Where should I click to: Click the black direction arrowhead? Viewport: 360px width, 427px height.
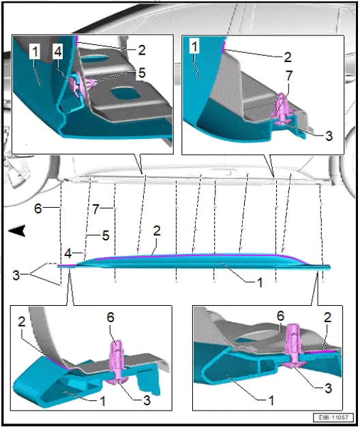point(17,231)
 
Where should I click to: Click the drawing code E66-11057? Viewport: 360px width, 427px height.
point(333,417)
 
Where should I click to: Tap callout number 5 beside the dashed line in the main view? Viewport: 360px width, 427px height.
point(106,235)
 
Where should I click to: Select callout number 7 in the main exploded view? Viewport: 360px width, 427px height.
point(95,209)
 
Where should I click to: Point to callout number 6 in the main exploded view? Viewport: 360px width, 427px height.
point(38,208)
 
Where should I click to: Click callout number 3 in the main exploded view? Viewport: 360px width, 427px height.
point(16,275)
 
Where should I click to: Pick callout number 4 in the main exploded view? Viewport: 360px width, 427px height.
point(68,254)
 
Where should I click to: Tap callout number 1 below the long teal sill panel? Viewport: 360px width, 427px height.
point(260,283)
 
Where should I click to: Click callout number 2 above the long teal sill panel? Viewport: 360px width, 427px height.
point(157,231)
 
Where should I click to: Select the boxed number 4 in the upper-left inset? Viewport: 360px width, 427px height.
point(58,51)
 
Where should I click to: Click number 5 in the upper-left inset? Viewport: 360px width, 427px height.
point(142,73)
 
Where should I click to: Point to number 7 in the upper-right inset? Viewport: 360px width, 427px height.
point(289,76)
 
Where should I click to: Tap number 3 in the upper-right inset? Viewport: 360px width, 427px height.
point(329,136)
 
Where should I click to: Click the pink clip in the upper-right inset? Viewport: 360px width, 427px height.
point(282,110)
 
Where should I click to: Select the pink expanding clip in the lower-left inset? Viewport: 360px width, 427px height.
point(117,362)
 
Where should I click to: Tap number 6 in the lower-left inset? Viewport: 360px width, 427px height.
point(110,317)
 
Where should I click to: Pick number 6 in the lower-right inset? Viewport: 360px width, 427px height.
point(281,316)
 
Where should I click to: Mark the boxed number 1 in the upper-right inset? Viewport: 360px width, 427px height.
point(194,46)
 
